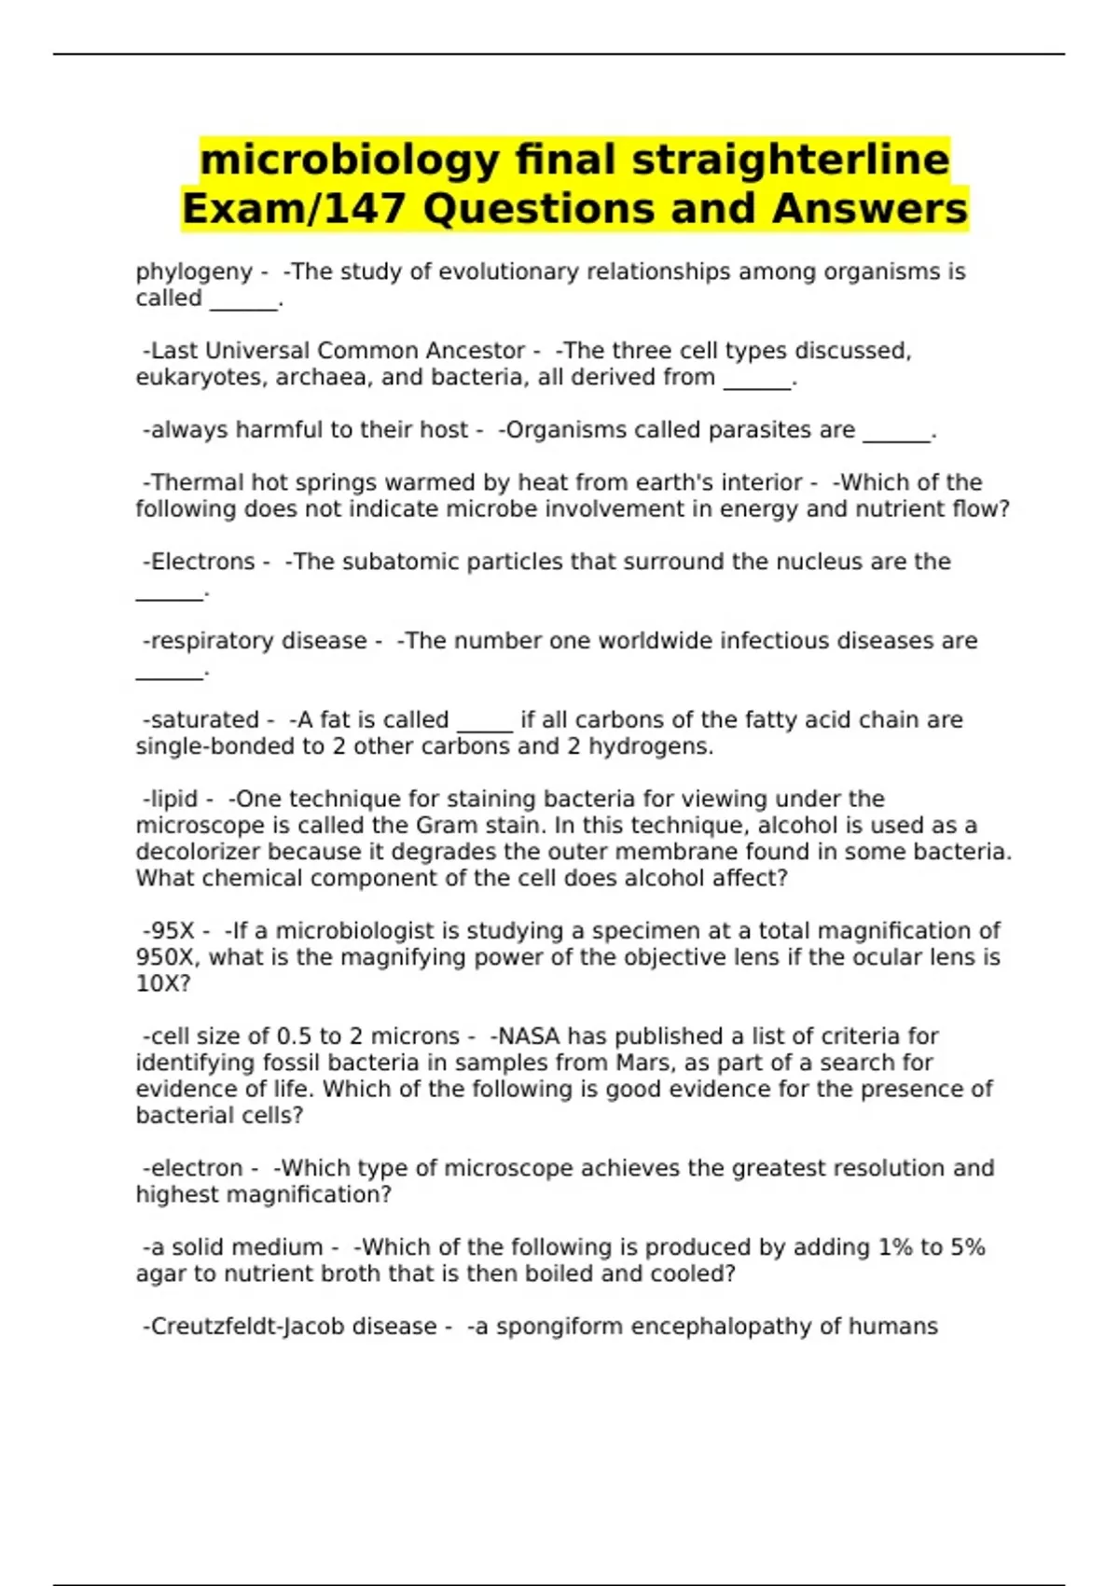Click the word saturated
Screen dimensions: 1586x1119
[x=205, y=720]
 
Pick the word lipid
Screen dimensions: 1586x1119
[x=174, y=800]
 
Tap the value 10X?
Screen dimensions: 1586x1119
[x=163, y=983]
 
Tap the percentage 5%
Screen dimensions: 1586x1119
[x=968, y=1247]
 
